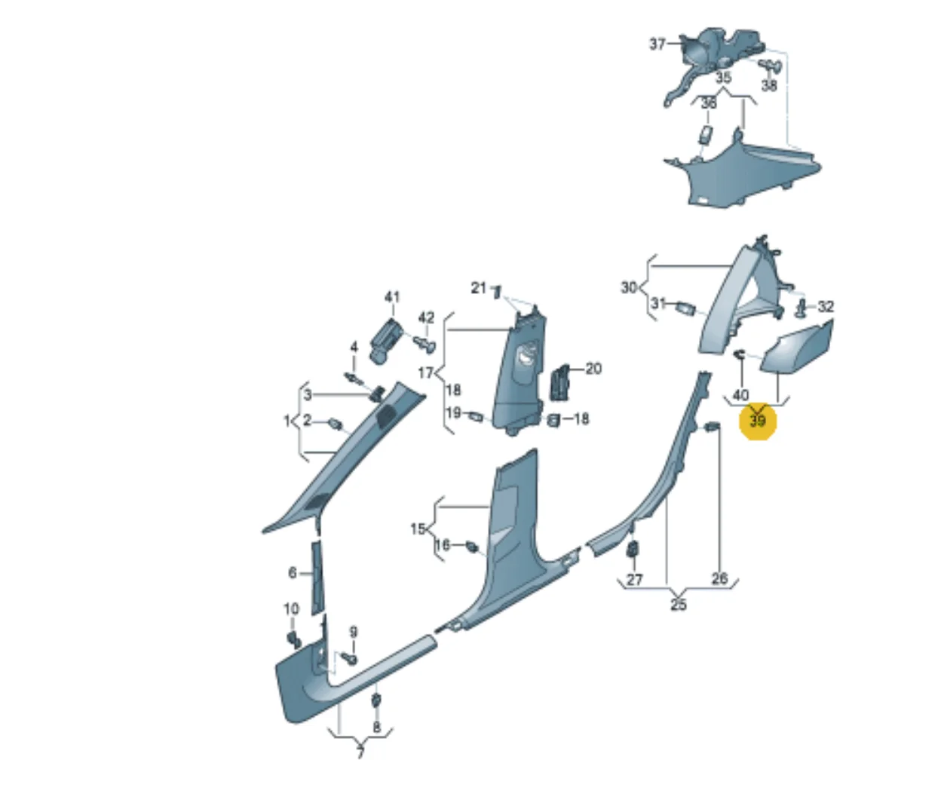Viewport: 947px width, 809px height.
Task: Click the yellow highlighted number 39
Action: coord(758,421)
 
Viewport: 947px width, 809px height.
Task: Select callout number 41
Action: coord(392,297)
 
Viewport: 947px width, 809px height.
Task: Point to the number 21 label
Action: coord(478,288)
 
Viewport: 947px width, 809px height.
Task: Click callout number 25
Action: coord(679,605)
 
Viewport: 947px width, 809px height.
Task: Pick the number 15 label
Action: coord(418,529)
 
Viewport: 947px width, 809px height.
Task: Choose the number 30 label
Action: coord(629,288)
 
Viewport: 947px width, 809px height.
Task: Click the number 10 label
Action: coord(291,608)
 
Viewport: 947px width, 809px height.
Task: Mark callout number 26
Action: coord(720,578)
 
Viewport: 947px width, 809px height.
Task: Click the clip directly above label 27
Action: coord(633,548)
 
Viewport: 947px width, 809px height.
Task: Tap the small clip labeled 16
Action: coord(472,546)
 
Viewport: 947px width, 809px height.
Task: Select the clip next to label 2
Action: coord(336,424)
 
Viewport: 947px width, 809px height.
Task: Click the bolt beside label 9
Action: coord(351,659)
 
